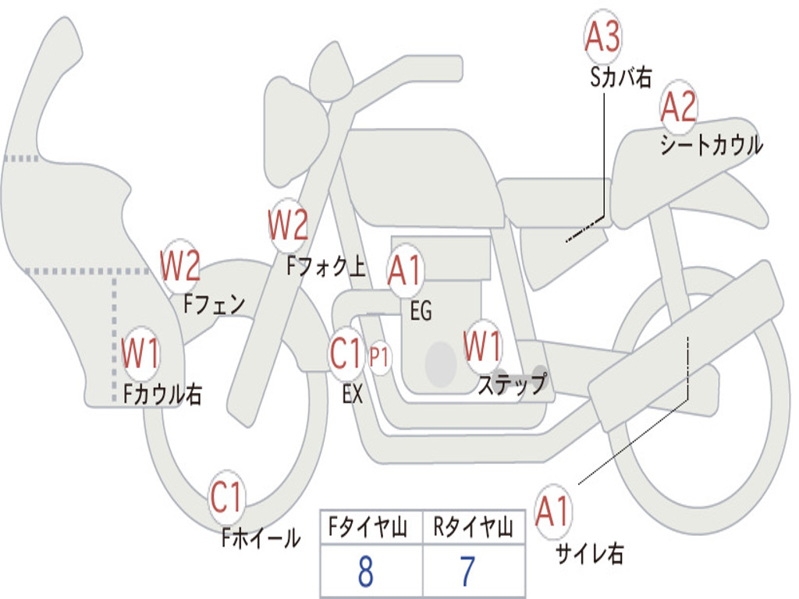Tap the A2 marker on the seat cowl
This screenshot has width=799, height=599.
click(x=678, y=107)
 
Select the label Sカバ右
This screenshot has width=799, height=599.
click(x=620, y=77)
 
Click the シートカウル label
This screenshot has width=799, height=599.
click(x=711, y=145)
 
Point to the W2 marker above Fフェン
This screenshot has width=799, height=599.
click(x=180, y=267)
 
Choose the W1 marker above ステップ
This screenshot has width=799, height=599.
click(x=483, y=346)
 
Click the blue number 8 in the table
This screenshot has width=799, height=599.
click(x=365, y=572)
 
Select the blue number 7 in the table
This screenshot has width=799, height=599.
click(x=467, y=572)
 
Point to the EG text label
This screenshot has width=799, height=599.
click(x=421, y=312)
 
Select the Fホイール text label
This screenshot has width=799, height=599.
click(x=261, y=537)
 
